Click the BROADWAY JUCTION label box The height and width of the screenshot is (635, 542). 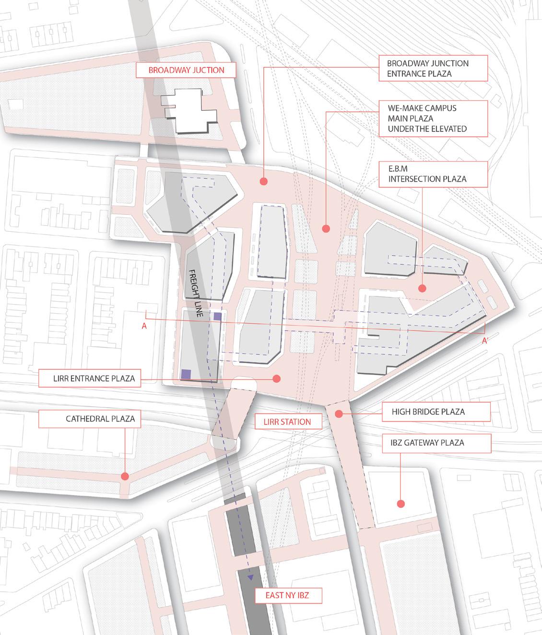[x=186, y=70]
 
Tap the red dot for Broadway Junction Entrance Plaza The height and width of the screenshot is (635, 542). [x=263, y=181]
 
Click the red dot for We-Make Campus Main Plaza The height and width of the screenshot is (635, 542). [x=326, y=229]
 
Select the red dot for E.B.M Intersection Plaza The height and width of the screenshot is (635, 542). [x=422, y=288]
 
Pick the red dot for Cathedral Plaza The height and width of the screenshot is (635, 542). [x=125, y=476]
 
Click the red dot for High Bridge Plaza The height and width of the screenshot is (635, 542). [x=339, y=413]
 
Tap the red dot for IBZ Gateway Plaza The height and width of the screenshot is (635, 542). [x=400, y=504]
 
